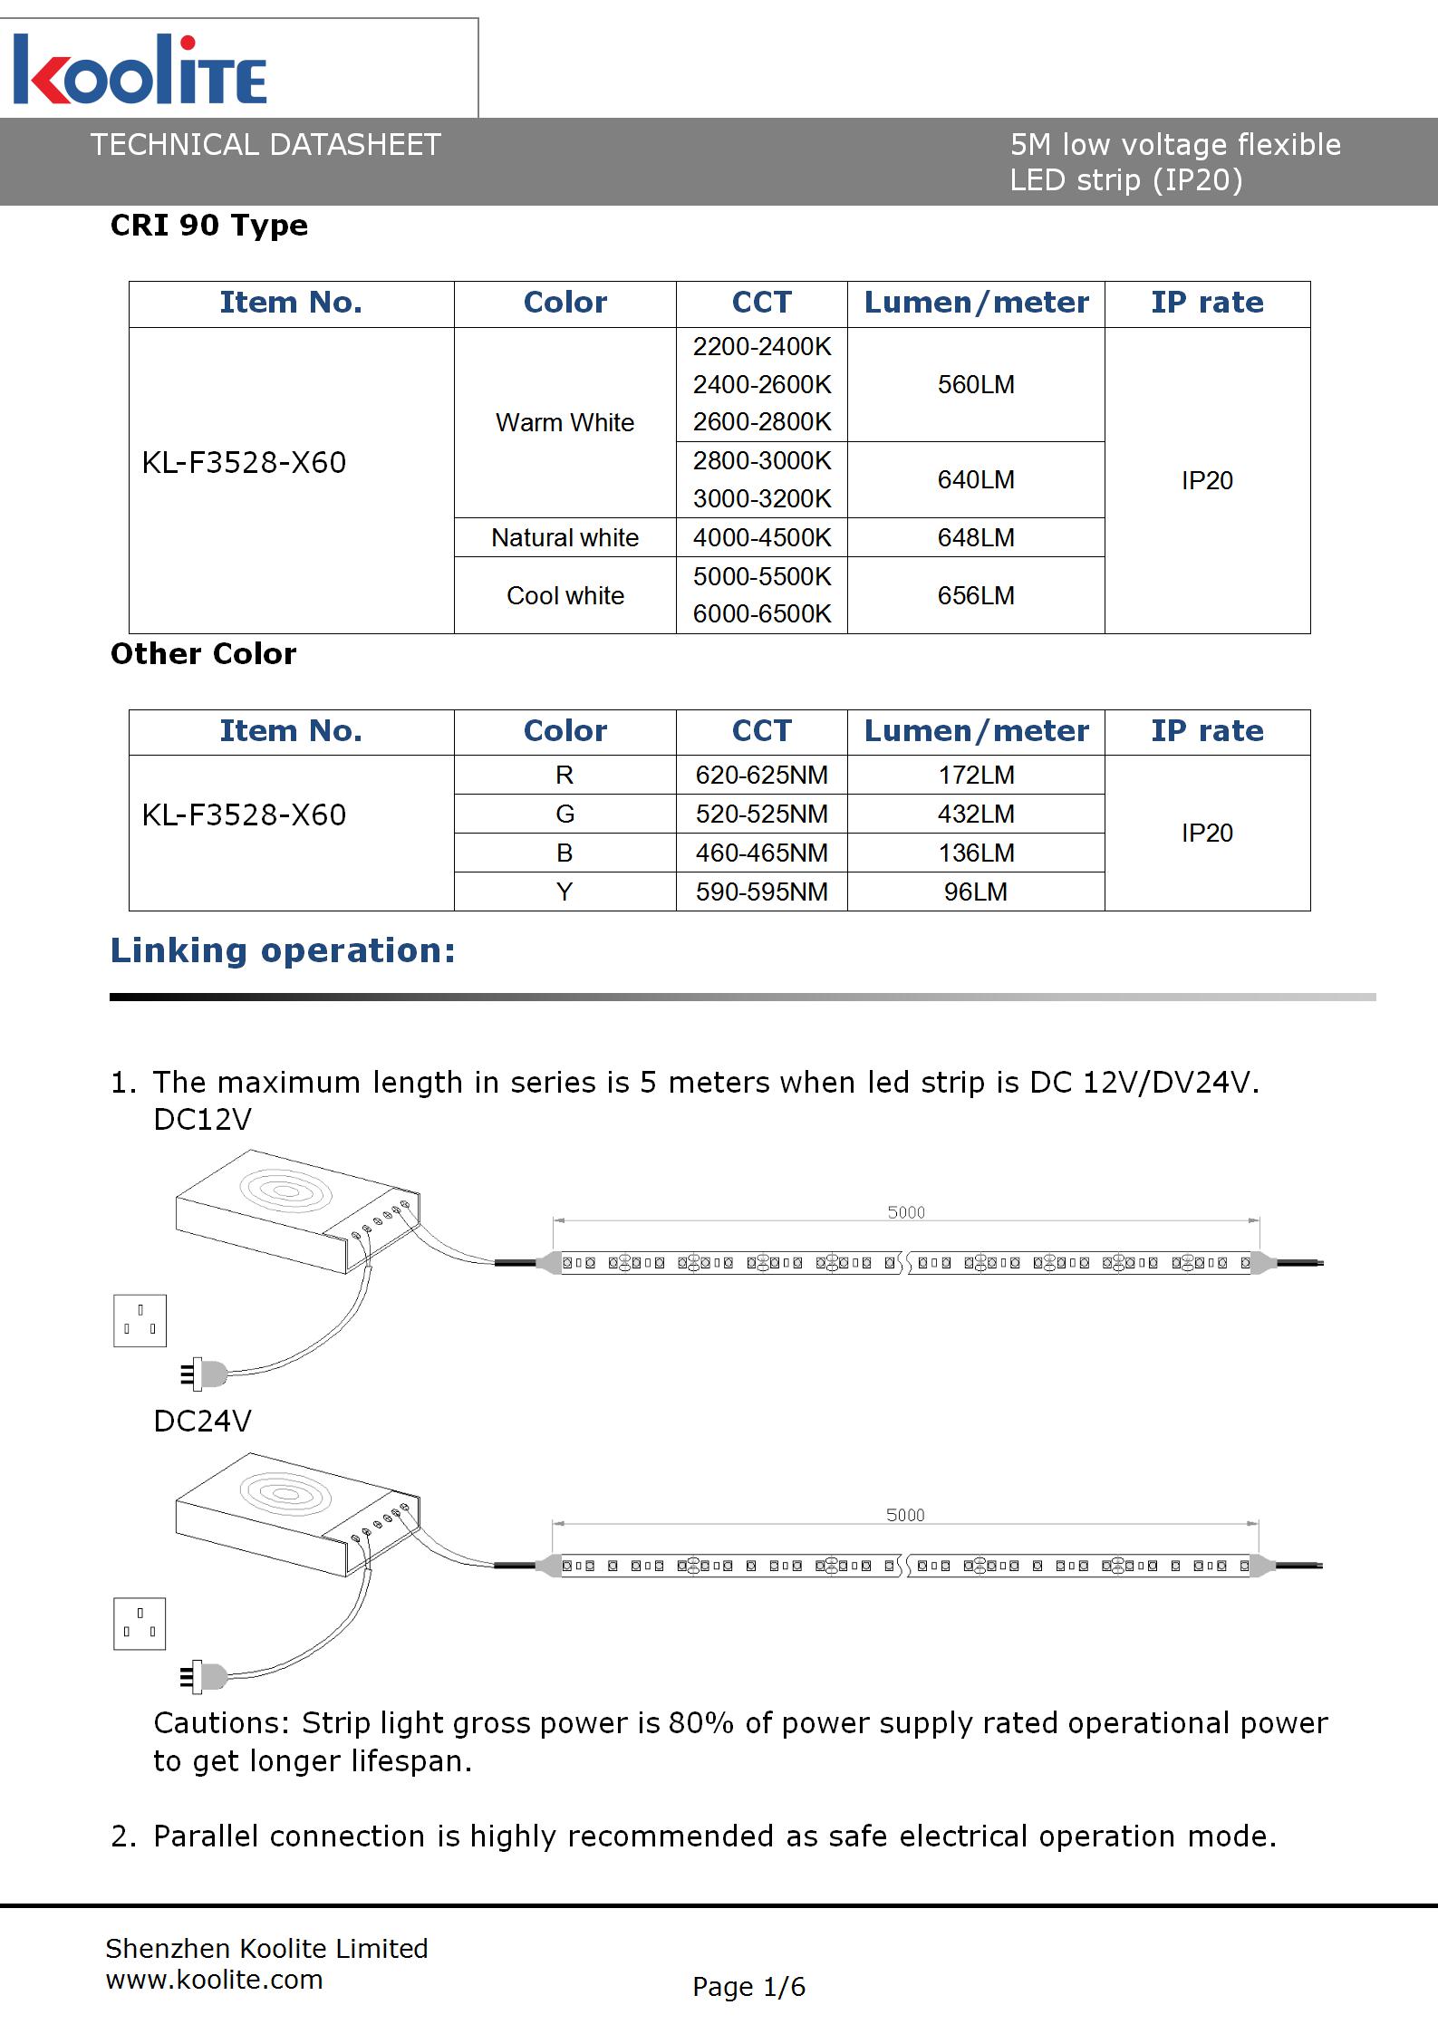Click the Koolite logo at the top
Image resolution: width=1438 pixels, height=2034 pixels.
140,71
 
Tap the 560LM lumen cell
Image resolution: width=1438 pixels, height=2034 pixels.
976,385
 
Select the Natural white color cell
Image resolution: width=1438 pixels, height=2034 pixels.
565,538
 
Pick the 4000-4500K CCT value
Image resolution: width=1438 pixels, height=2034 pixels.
761,538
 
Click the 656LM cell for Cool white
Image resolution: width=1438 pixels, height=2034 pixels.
976,596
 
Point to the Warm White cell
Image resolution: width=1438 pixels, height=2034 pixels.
565,423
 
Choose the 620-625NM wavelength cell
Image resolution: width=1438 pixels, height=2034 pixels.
761,776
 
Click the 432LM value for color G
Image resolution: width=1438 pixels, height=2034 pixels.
976,815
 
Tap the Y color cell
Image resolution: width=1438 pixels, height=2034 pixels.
565,892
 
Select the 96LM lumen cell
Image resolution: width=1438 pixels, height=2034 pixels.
976,892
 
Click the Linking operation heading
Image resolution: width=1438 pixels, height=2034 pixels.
283,951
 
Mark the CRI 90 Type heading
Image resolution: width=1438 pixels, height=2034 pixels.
209,226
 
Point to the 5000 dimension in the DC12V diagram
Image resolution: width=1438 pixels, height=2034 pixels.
906,1212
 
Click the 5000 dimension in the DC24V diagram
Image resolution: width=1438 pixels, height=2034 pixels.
905,1515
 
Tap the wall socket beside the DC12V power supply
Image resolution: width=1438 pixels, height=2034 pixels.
140,1321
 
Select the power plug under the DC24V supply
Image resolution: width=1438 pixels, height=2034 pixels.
205,1677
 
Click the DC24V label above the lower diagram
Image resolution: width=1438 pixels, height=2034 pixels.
202,1422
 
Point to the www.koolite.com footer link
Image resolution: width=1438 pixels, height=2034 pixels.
215,1980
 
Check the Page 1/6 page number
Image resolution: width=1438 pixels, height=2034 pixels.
748,1988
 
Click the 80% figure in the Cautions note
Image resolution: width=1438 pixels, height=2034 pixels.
700,1723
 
